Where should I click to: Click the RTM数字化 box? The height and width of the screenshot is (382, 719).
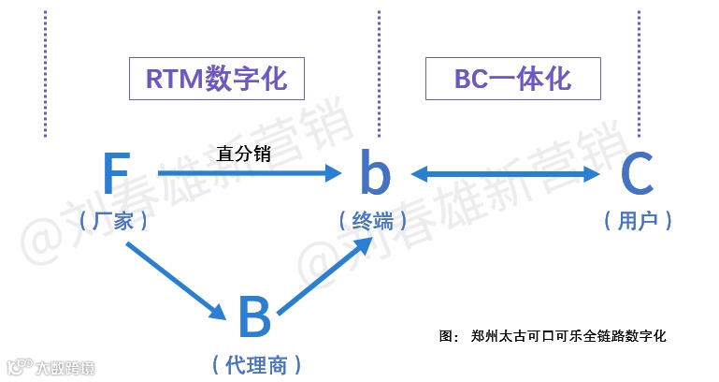click(x=216, y=78)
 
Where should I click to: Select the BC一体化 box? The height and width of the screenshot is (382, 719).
click(x=512, y=78)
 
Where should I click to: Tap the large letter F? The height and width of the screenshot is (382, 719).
click(x=115, y=174)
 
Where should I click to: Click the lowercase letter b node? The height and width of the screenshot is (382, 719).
click(x=375, y=174)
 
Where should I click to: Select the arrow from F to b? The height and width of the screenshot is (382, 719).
click(x=248, y=174)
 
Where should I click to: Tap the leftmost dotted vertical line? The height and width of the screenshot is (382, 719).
click(x=45, y=75)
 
